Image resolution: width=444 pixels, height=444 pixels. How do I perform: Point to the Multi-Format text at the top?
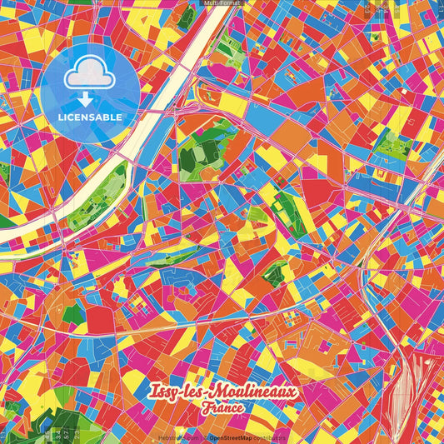tap(222, 4)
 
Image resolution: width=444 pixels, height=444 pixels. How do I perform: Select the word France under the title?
tap(222, 408)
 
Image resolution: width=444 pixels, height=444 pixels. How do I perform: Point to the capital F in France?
tap(205, 408)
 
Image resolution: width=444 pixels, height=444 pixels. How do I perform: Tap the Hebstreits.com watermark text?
tap(177, 436)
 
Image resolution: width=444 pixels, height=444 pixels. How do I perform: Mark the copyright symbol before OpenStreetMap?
tap(204, 436)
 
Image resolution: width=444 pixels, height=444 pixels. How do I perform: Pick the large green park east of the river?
tap(204, 150)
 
